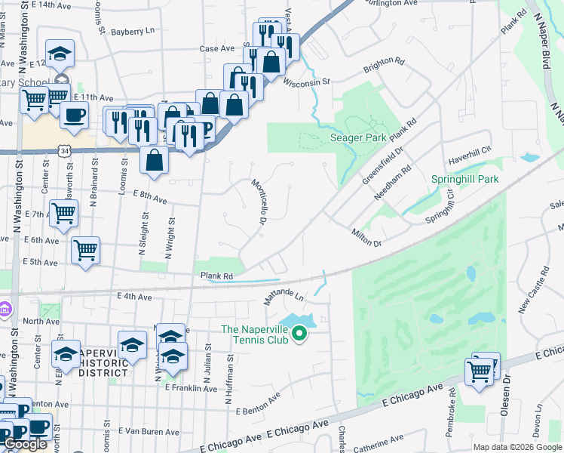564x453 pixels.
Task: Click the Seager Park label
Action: click(358, 137)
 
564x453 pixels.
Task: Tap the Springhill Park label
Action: click(465, 180)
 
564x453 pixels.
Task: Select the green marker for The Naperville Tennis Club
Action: click(299, 332)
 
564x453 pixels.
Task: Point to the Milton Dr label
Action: click(366, 238)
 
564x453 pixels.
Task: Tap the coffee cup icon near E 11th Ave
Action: click(74, 115)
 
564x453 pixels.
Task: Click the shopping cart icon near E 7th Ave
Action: click(63, 212)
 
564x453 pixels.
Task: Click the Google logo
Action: click(26, 444)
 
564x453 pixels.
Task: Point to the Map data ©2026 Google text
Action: click(517, 447)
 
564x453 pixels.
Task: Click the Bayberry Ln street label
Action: click(133, 32)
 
